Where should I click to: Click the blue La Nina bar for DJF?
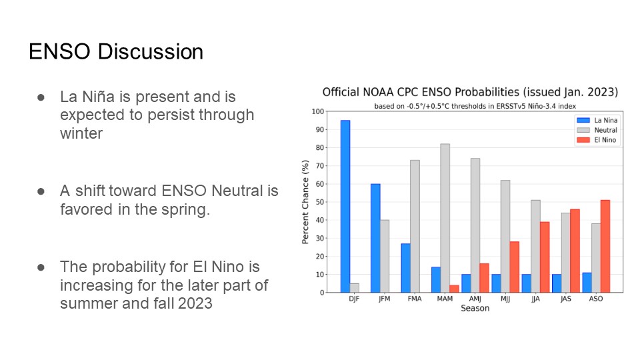pos(345,206)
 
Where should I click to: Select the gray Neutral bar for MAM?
pos(445,218)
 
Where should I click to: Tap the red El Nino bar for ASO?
pos(605,246)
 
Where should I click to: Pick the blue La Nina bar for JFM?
pos(375,238)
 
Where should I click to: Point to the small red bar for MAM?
pos(454,289)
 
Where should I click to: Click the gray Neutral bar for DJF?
pos(354,288)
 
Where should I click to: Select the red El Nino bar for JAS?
pos(575,251)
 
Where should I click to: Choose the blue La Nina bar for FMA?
pos(406,268)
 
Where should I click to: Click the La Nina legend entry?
pos(597,121)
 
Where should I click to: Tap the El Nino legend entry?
pos(597,140)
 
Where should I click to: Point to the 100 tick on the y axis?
pos(318,111)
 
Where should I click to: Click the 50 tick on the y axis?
pos(319,202)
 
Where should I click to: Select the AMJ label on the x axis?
pos(475,299)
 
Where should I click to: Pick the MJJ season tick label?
pos(505,299)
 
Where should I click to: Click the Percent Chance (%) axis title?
pos(305,202)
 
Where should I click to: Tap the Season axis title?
pos(475,309)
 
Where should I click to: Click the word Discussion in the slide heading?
pos(151,52)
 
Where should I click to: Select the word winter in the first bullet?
pos(81,133)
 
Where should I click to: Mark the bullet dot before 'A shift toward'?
pos(41,191)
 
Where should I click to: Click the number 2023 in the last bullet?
pos(195,304)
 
